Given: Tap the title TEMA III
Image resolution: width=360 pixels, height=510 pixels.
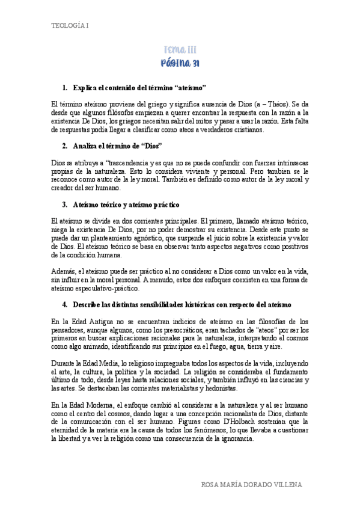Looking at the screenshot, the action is point(180,50).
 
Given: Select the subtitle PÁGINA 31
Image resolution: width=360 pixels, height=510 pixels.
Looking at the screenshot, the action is point(180,63).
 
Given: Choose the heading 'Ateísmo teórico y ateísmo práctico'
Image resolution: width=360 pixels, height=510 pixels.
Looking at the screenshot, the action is point(126,205).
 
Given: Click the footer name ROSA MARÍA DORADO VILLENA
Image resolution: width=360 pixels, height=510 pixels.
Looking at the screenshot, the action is point(251,485).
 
